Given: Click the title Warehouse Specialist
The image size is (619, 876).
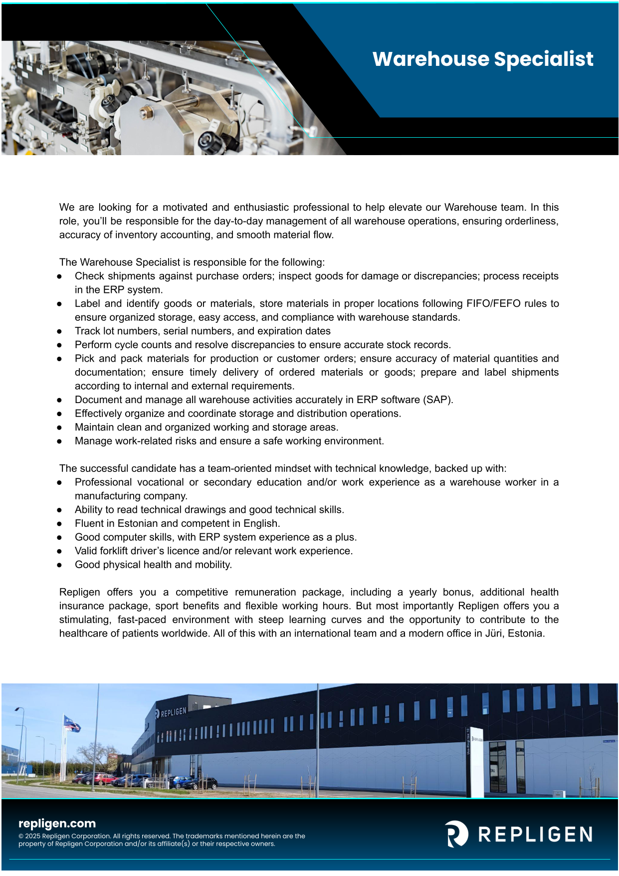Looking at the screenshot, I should (x=483, y=59).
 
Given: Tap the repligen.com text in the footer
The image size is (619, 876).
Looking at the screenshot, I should (x=57, y=824).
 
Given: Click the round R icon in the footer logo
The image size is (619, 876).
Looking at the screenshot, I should (x=456, y=834).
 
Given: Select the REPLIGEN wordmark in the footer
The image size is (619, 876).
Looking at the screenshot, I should (x=535, y=835).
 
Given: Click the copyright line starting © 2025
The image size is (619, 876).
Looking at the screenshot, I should (x=162, y=836).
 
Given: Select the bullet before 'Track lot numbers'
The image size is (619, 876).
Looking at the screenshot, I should (x=59, y=332).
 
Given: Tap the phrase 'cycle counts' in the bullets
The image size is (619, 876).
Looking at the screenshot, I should (x=141, y=345).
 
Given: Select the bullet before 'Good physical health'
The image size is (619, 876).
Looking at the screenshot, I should (x=59, y=565).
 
